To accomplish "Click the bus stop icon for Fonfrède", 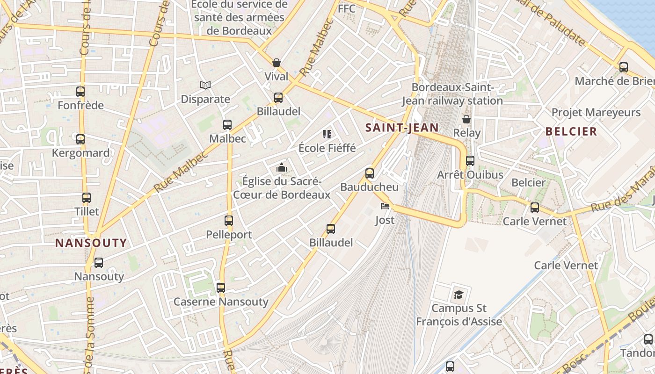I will click(x=80, y=92).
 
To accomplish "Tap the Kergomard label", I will click(x=81, y=153).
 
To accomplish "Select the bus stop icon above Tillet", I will click(x=86, y=198).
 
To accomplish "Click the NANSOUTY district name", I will click(x=91, y=243).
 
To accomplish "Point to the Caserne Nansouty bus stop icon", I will click(x=221, y=288).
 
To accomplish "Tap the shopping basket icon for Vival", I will click(x=277, y=63).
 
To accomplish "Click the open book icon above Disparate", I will click(x=205, y=85).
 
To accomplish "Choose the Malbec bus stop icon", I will click(x=227, y=125).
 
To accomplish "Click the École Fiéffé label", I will click(x=327, y=148).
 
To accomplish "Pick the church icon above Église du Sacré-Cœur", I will click(x=281, y=167).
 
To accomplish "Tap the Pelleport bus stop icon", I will click(x=229, y=221).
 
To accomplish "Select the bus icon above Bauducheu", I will click(x=370, y=173).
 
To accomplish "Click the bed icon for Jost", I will click(x=385, y=206).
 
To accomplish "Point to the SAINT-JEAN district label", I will click(x=402, y=128).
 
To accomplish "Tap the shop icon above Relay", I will click(x=466, y=119).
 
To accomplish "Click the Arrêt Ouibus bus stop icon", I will click(x=470, y=161).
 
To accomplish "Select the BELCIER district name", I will click(x=571, y=131).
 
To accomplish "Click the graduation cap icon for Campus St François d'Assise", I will click(x=458, y=295).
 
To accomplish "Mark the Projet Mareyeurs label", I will click(x=596, y=112).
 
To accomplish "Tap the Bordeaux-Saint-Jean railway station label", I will click(x=452, y=94).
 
